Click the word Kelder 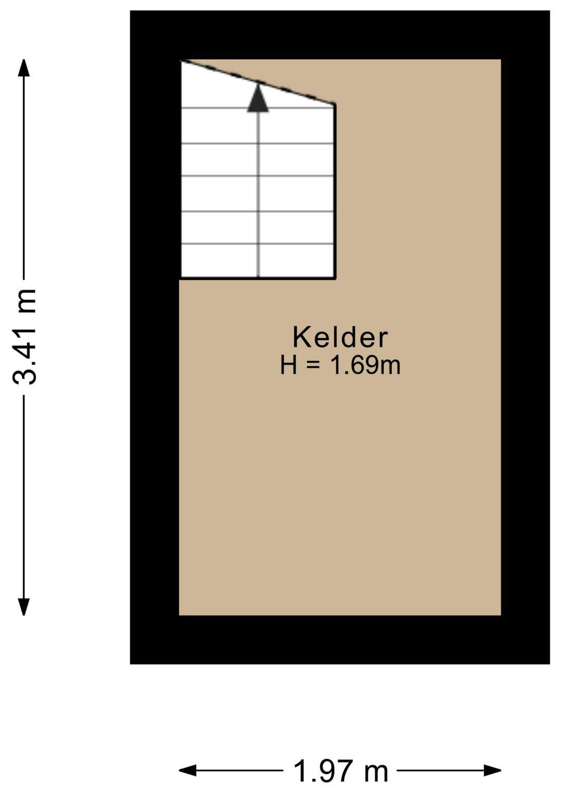point(340,337)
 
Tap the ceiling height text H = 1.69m point(340,365)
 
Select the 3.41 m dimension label point(24,337)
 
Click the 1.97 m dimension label point(341,771)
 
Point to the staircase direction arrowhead point(258,99)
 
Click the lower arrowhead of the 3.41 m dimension point(23,606)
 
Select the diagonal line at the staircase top point(258,82)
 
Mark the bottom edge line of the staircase point(258,279)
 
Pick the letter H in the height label point(288,365)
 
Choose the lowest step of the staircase point(258,261)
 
